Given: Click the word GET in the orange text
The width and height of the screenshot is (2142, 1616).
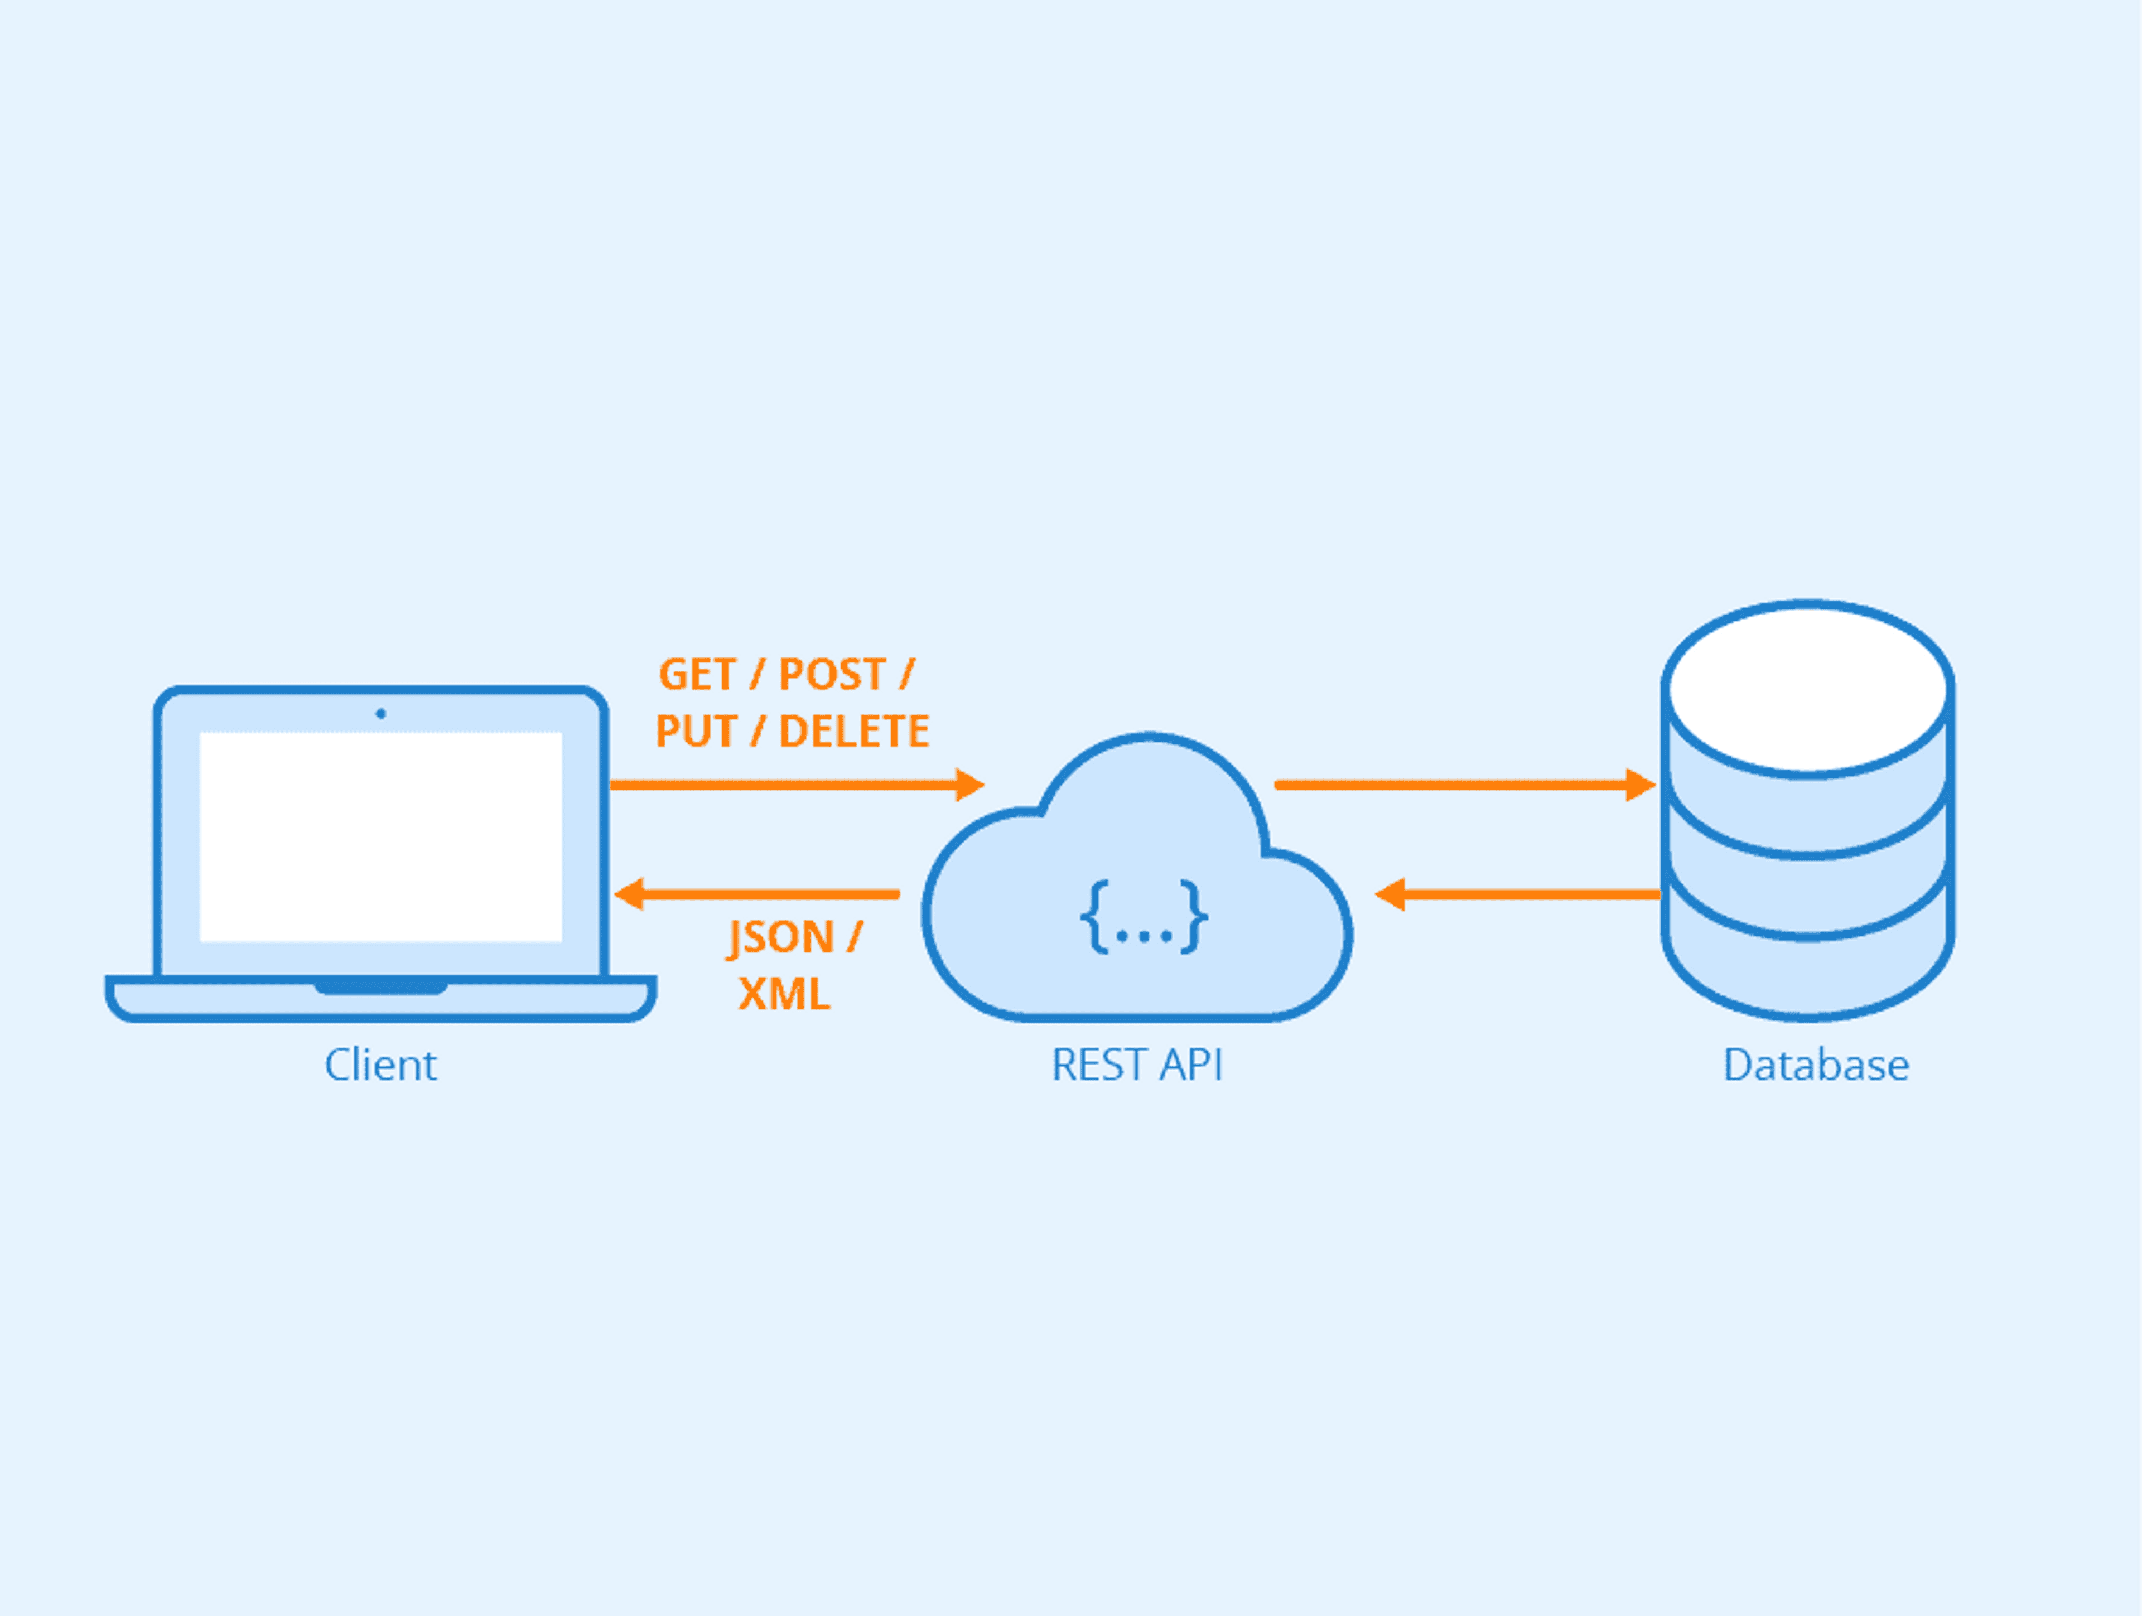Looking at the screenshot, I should pos(697,675).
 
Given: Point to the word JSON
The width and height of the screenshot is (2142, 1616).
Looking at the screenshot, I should pos(780,937).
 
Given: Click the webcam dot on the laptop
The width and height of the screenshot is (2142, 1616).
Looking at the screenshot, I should pos(380,714).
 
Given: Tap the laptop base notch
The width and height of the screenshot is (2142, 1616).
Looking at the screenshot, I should pos(380,988).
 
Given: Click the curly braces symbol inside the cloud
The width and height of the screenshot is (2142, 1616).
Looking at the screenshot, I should pos(1144,917).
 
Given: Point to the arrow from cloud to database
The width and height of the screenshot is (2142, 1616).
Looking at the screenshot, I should pos(1453,784).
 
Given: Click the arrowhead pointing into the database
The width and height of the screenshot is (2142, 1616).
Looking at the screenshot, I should pos(1639,784).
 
